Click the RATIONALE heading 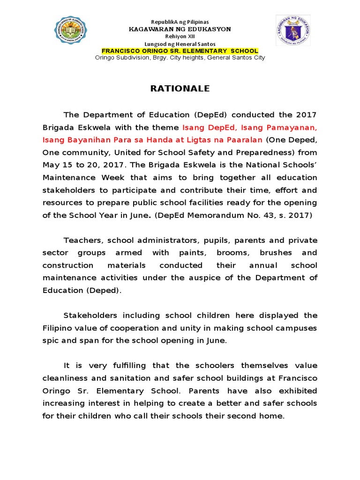(x=180, y=89)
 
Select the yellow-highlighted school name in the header (x=180, y=51)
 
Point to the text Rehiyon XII (x=180, y=36)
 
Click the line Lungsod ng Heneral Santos (x=180, y=44)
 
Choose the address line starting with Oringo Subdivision (x=180, y=58)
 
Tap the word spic (x=51, y=340)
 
